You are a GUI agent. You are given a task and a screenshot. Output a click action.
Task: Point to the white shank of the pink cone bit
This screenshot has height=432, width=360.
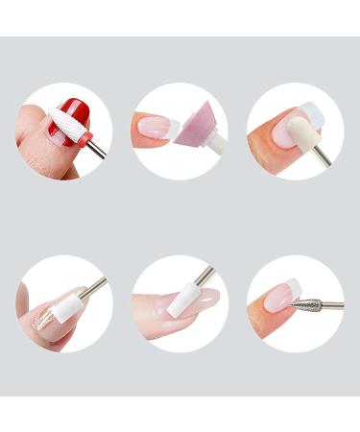click(217, 144)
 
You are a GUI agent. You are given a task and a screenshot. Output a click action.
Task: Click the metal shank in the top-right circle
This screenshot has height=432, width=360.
click(324, 153)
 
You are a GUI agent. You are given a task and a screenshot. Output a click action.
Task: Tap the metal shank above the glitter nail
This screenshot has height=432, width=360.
click(94, 285)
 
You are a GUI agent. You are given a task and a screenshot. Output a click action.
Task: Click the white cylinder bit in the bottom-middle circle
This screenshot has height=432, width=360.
click(181, 303)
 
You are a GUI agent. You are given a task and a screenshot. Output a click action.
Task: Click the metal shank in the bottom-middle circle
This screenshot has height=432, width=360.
click(204, 277)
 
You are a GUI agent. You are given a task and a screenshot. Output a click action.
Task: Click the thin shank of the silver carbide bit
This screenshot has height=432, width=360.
click(331, 305)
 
